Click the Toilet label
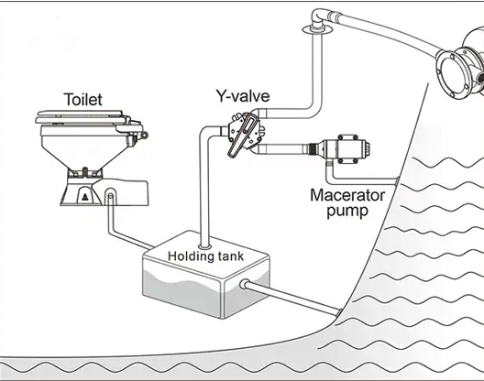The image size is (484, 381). (x=83, y=99)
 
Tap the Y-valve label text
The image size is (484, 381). (x=243, y=95)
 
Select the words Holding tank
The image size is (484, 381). (x=206, y=256)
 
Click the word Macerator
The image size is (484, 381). (x=347, y=195)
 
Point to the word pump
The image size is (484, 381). (x=347, y=212)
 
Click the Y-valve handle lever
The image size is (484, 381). (x=241, y=135)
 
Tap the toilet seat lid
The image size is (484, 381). (x=81, y=116)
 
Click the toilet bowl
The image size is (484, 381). (x=86, y=148)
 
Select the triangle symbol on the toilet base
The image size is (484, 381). (x=85, y=198)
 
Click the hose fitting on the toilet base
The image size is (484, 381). (x=111, y=196)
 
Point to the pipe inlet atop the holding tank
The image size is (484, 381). (x=204, y=246)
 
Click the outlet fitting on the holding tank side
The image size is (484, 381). (x=244, y=284)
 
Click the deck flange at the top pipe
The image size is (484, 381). (x=317, y=29)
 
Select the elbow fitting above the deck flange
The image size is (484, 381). (x=319, y=16)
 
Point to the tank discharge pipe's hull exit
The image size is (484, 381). (x=338, y=313)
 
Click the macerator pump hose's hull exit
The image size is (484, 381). (x=396, y=181)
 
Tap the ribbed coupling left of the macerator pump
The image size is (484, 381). (x=313, y=150)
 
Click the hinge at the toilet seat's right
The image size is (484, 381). (x=143, y=135)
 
